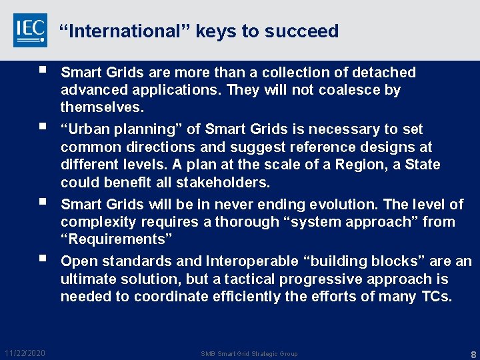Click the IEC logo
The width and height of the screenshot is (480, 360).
point(30,30)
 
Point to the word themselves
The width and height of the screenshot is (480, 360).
point(102,107)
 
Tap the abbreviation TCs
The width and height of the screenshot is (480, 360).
point(437,297)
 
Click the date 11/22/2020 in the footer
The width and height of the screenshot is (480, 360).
point(25,353)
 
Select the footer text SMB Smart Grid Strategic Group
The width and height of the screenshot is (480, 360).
point(249,353)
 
